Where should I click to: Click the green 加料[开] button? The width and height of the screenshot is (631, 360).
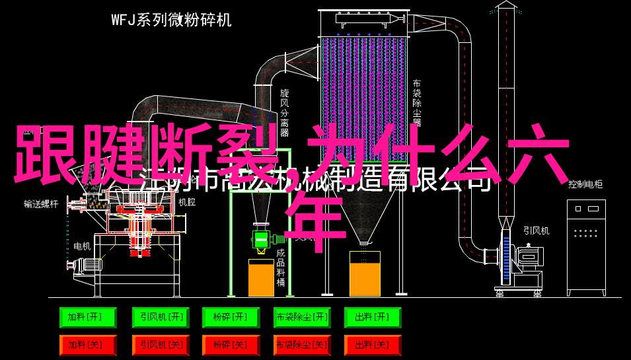(87, 318)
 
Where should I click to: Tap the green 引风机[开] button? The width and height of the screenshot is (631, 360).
(159, 318)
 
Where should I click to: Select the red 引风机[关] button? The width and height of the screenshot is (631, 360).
(159, 344)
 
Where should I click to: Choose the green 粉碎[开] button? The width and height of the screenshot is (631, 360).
(230, 318)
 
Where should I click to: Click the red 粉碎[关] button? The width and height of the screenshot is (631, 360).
(230, 344)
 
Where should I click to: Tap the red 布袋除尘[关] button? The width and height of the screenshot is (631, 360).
(301, 344)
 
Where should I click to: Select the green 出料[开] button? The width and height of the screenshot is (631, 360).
(372, 318)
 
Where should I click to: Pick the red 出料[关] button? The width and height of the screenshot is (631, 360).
(372, 344)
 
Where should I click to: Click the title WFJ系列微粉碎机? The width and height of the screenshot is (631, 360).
(171, 20)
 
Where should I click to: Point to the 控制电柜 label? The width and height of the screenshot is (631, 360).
(585, 185)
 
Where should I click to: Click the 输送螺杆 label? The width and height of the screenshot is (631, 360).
(41, 204)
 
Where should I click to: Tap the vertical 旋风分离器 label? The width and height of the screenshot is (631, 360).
(285, 113)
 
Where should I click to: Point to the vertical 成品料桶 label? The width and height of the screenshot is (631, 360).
(280, 268)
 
